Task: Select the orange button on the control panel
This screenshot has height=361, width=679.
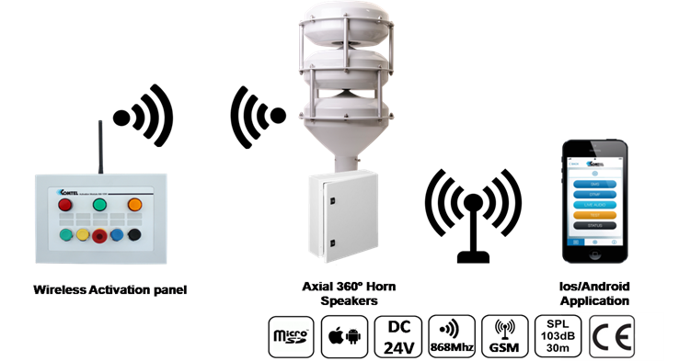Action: (x=133, y=205)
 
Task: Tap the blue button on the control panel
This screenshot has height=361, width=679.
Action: (x=117, y=235)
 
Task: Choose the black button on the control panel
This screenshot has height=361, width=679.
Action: (x=135, y=235)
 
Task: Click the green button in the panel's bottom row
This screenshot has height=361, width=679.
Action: (x=65, y=235)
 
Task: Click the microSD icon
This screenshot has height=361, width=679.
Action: (x=290, y=335)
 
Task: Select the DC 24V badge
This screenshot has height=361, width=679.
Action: (x=398, y=335)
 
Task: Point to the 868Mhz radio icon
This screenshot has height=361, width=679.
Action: (x=452, y=335)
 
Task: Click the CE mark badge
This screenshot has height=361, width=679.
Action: (x=612, y=335)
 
